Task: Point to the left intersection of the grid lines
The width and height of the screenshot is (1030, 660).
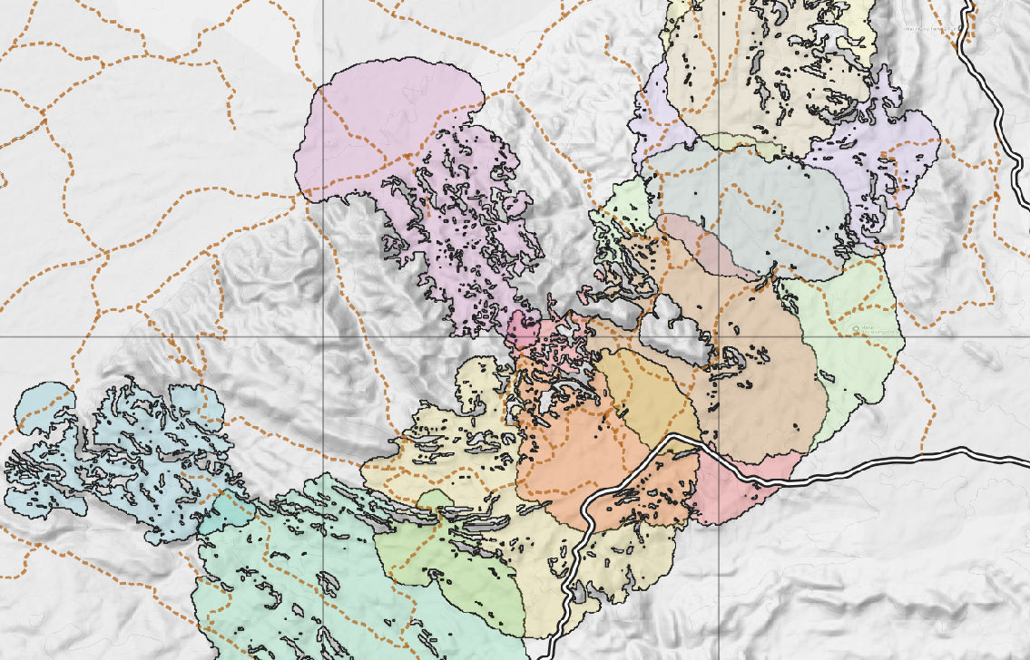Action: pos(324,336)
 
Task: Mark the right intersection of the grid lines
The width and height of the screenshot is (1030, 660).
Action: pos(720,336)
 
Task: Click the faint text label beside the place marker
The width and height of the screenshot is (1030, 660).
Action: pos(877,332)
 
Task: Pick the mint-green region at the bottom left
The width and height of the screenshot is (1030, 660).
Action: pos(272,589)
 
